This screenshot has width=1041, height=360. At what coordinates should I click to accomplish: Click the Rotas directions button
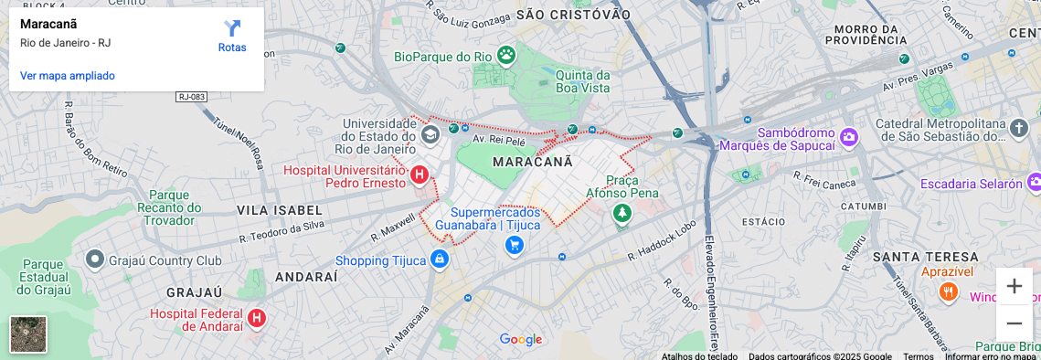click(x=232, y=36)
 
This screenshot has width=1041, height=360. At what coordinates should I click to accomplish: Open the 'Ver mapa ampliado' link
click(x=68, y=76)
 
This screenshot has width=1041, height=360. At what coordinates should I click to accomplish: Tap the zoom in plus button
click(x=1014, y=286)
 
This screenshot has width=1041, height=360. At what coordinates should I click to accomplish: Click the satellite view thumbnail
click(x=28, y=334)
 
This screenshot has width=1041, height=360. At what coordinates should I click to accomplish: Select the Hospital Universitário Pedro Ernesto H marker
click(x=420, y=174)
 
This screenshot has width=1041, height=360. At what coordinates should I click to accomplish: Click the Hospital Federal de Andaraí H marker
click(x=258, y=318)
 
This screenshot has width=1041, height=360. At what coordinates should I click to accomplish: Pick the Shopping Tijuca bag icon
click(x=441, y=260)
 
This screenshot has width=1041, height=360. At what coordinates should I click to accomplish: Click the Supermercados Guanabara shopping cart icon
click(x=515, y=245)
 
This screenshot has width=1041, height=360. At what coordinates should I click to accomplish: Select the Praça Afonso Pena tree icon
click(x=622, y=214)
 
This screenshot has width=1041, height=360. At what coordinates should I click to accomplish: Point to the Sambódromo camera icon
click(x=850, y=137)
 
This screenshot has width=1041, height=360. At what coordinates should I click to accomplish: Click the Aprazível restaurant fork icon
click(x=949, y=292)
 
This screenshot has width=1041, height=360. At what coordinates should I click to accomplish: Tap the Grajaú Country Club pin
click(x=94, y=260)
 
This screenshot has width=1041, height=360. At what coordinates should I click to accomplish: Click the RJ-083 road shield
click(x=192, y=96)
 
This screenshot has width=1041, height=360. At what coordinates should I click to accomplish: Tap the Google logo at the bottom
click(x=521, y=340)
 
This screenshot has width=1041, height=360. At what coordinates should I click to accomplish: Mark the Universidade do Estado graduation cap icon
click(x=430, y=135)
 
